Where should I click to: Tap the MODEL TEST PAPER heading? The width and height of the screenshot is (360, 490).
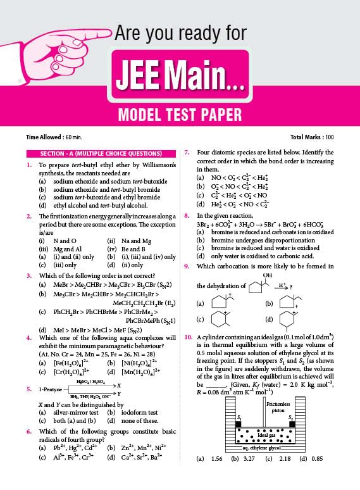[x=180, y=115]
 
